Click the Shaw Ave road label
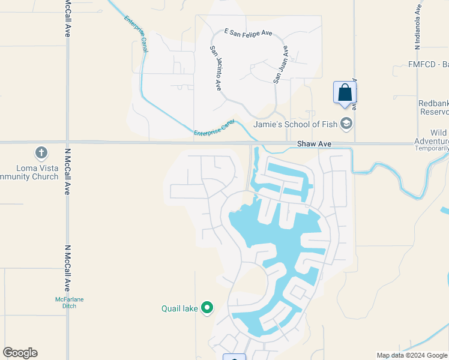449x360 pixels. click(x=315, y=145)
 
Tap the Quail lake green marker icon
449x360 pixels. click(x=207, y=308)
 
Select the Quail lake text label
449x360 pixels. click(x=179, y=309)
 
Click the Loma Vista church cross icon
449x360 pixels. click(x=41, y=153)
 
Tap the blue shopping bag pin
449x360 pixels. click(x=345, y=93)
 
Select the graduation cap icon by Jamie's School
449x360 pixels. click(x=346, y=124)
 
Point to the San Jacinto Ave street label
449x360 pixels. click(x=216, y=68)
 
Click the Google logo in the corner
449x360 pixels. click(x=20, y=353)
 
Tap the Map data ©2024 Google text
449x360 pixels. click(x=412, y=355)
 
